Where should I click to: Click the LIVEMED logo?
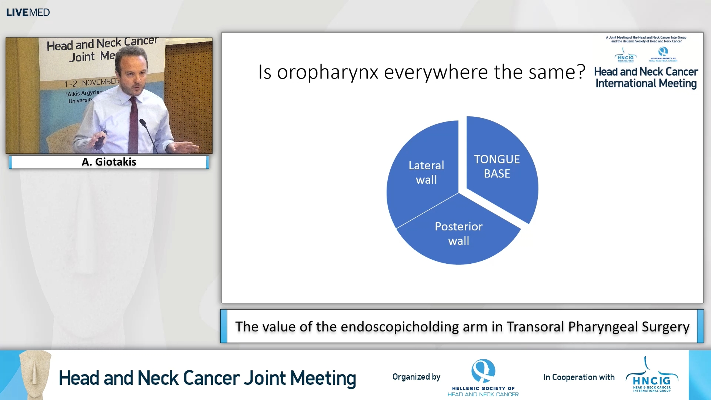point(28,12)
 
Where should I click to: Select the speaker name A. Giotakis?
point(109,162)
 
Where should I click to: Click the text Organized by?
point(416,377)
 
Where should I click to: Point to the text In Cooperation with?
point(578,377)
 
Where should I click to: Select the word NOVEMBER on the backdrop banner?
point(100,82)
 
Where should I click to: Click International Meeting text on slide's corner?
point(646,83)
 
